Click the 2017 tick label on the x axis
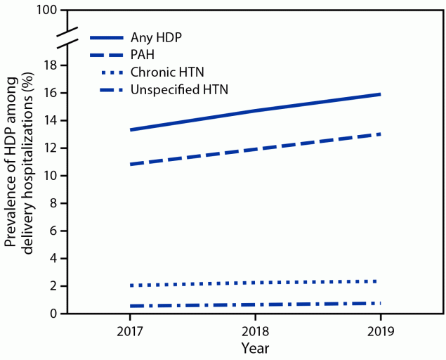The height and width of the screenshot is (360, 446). (129, 329)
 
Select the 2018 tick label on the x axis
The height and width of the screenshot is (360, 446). (254, 329)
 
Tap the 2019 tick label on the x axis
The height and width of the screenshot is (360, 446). (380, 329)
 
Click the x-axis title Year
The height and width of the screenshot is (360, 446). (254, 347)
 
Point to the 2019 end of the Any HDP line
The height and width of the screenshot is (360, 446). (380, 94)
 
